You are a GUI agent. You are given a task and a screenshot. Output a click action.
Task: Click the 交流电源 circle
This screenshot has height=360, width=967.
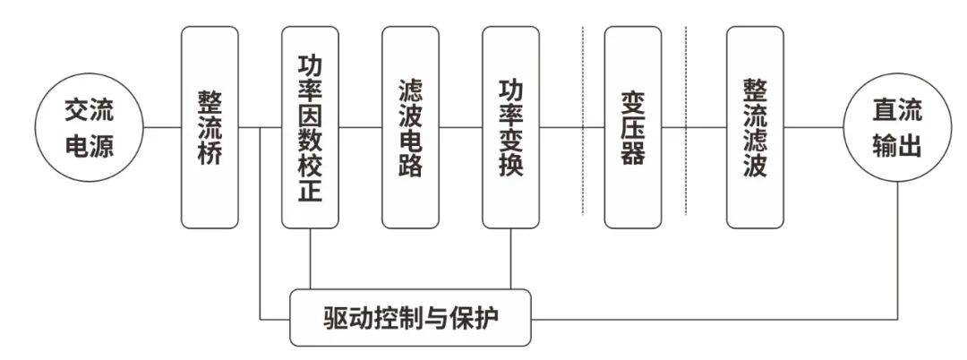pyautogui.click(x=90, y=127)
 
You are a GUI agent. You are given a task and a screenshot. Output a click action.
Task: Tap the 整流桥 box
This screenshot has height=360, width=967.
pyautogui.click(x=210, y=127)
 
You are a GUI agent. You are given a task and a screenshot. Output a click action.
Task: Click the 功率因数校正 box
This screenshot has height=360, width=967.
pyautogui.click(x=310, y=127)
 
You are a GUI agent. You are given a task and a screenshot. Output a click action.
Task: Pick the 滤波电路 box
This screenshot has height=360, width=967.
pyautogui.click(x=411, y=127)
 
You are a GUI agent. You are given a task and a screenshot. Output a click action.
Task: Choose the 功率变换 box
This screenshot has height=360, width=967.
pyautogui.click(x=510, y=127)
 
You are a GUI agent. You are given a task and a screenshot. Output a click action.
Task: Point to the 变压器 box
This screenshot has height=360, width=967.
pyautogui.click(x=633, y=127)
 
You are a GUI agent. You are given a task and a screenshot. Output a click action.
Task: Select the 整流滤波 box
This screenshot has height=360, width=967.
pyautogui.click(x=755, y=127)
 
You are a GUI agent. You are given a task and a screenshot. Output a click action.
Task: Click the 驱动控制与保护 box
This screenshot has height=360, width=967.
pyautogui.click(x=412, y=318)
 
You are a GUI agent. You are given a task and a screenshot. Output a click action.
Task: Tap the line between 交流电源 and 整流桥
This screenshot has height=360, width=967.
pyautogui.click(x=163, y=127)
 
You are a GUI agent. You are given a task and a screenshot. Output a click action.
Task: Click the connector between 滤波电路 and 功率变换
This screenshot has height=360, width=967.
pyautogui.click(x=461, y=127)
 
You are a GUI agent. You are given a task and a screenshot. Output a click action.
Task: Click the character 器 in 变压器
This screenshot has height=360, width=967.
pyautogui.click(x=633, y=153)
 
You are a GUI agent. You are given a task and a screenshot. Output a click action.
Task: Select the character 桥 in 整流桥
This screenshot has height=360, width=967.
pyautogui.click(x=210, y=153)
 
